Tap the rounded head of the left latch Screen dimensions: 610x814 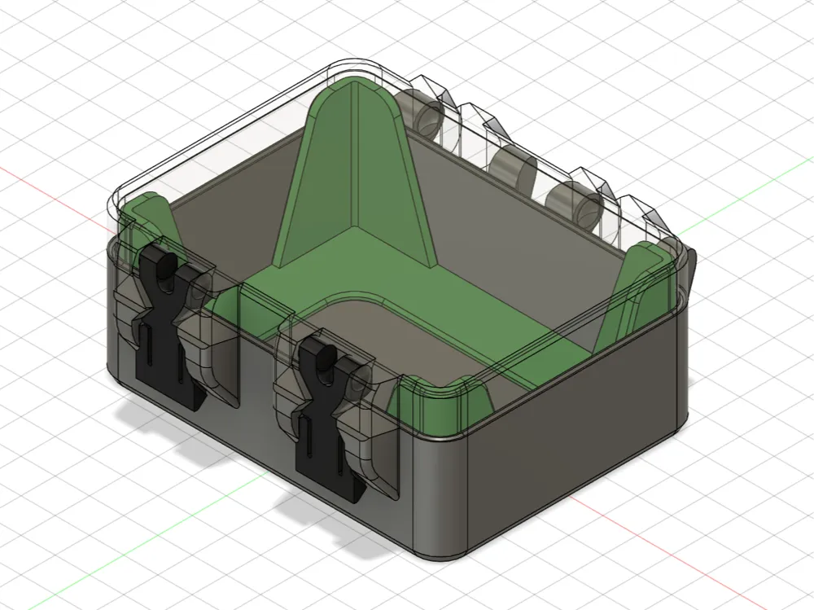[x=164, y=265]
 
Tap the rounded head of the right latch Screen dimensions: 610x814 [x=316, y=353]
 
